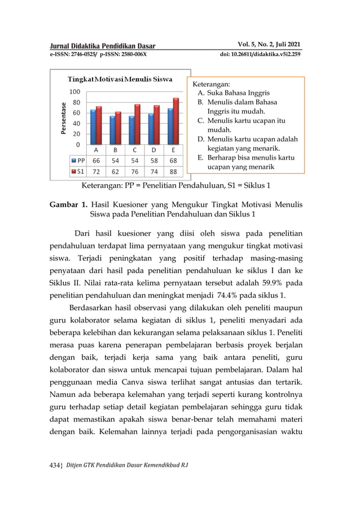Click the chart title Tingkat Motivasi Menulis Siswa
pyautogui.click(x=120, y=78)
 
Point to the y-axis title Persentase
pyautogui.click(x=65, y=118)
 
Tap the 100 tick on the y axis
pyautogui.click(x=74, y=91)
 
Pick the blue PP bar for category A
pyautogui.click(x=93, y=127)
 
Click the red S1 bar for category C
pyautogui.click(x=137, y=125)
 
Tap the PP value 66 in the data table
pyautogui.click(x=96, y=161)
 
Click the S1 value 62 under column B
pyautogui.click(x=115, y=171)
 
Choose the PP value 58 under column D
pyautogui.click(x=154, y=161)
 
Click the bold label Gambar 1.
pyautogui.click(x=66, y=204)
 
